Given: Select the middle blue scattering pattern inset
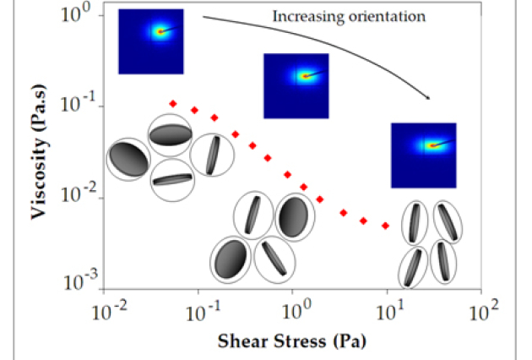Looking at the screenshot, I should point(296,85).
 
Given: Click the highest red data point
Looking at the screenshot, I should point(173,103).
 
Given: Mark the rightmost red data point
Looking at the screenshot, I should point(385,226).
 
